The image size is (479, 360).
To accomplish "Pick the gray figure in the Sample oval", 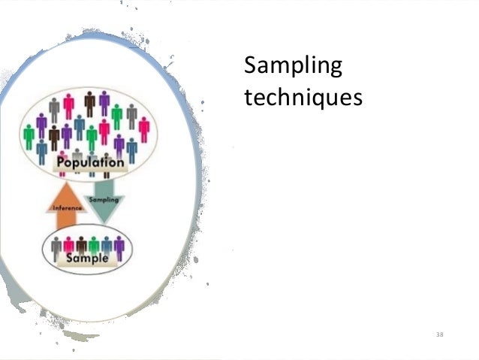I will pos(56,246).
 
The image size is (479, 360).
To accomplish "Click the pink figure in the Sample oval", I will pos(68,246).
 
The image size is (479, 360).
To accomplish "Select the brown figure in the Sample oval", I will pos(81,246).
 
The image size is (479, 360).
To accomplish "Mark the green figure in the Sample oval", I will pos(93,246).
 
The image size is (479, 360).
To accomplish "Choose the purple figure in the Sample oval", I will pos(118,246).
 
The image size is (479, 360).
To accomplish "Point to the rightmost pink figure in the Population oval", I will pos(144,129).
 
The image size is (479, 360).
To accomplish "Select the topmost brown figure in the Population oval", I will pos(90,103).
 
